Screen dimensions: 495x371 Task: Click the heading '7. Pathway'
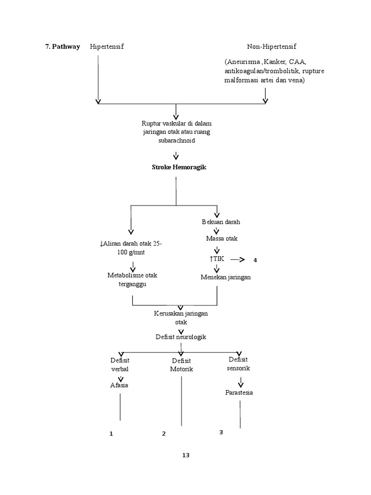[x=62, y=47]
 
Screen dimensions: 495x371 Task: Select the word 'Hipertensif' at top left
[x=107, y=47]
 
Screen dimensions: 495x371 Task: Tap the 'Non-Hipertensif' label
[x=271, y=47]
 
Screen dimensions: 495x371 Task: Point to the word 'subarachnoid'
[x=176, y=141]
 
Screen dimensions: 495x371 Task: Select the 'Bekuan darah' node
[x=221, y=222]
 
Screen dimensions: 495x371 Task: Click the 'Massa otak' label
[x=221, y=239]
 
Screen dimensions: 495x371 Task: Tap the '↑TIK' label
[x=217, y=259]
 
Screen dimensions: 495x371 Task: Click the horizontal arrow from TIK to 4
[x=239, y=260]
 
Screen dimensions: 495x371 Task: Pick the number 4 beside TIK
[x=255, y=261]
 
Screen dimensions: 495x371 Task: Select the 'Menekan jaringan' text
[x=226, y=277]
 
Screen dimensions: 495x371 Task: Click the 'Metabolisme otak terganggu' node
[x=132, y=279]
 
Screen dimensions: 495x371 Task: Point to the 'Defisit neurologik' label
[x=181, y=337]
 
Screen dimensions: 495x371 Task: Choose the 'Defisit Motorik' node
[x=181, y=365]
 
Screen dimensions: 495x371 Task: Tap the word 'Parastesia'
[x=239, y=393]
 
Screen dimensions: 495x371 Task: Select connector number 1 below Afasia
[x=111, y=434]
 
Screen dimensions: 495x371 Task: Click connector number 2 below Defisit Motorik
[x=164, y=434]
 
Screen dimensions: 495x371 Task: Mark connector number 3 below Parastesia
[x=221, y=432]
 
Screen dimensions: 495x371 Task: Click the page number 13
[x=186, y=455]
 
